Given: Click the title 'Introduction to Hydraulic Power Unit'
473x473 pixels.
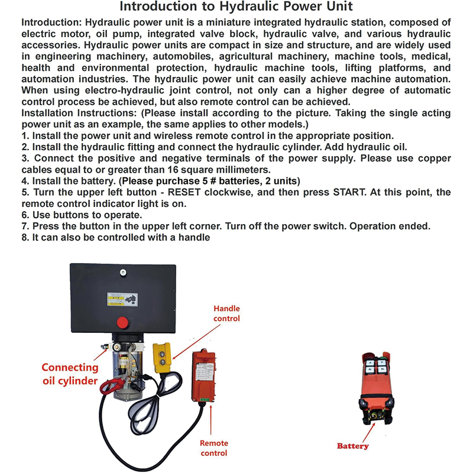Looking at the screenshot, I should point(237,8).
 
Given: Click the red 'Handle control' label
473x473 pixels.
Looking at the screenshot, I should point(226,313).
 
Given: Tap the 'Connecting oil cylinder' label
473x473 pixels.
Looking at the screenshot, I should point(70,374).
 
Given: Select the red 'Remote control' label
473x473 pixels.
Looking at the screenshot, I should point(214,448).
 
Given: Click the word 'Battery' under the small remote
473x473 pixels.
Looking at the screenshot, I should point(353,446).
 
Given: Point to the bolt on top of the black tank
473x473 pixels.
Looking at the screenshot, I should point(121,273).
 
